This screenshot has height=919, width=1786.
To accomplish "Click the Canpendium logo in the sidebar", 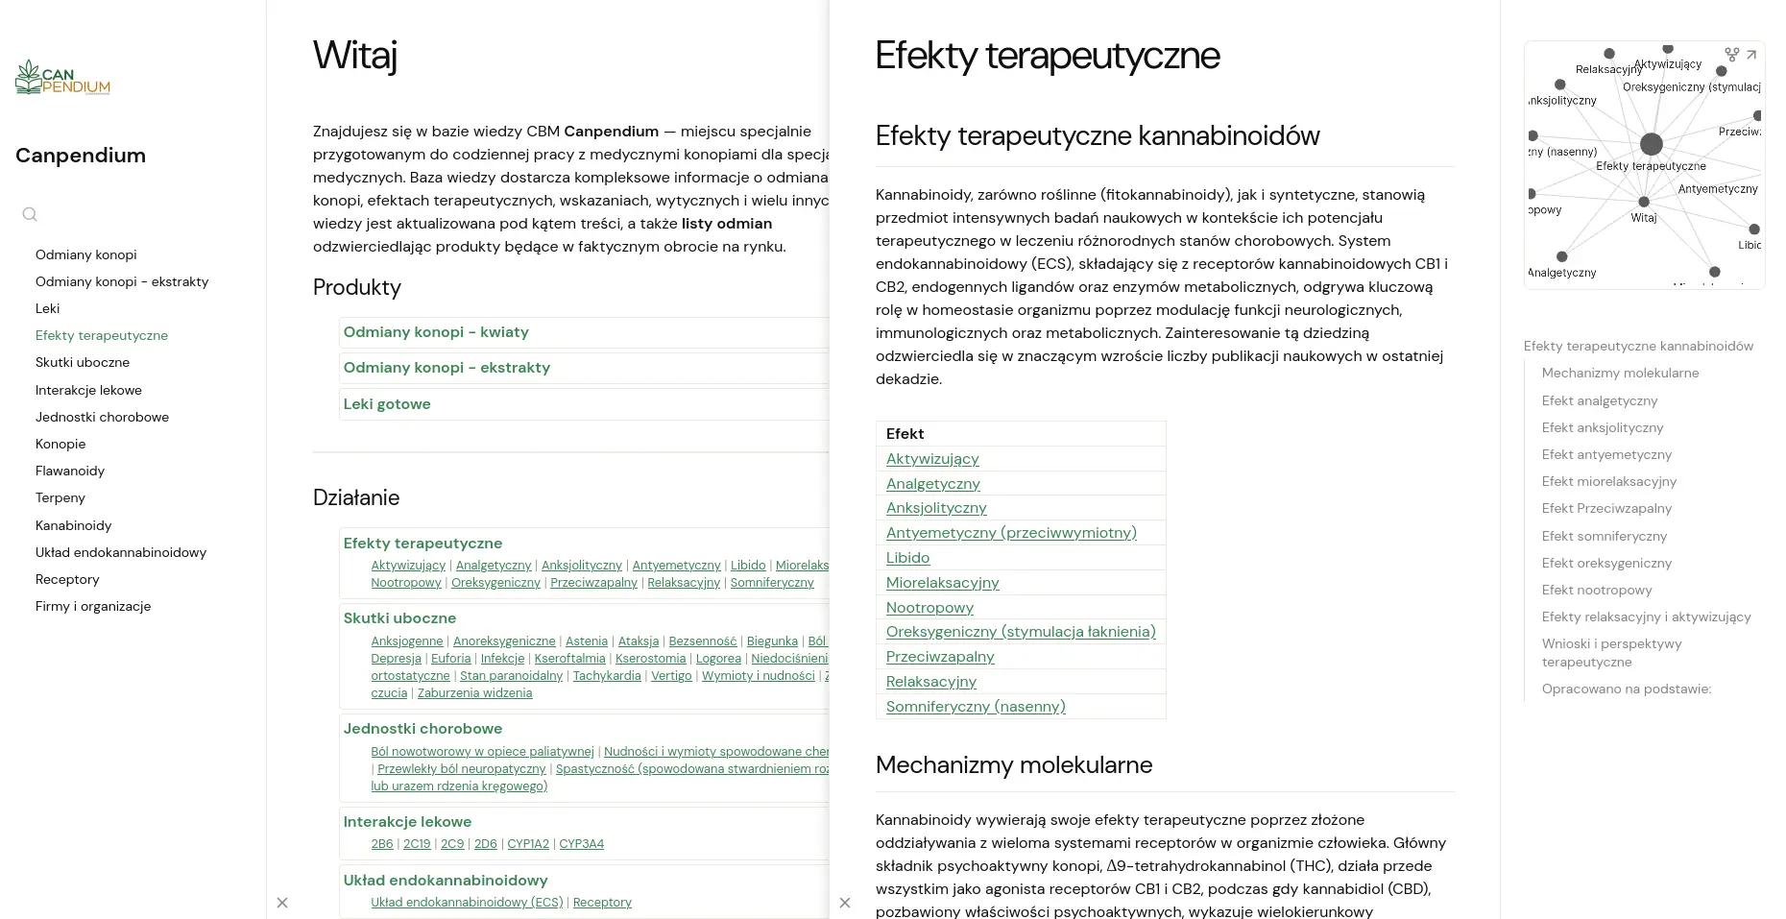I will point(62,79).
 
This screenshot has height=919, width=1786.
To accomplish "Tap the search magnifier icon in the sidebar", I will point(30,214).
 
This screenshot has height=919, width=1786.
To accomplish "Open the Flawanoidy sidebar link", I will point(70,471).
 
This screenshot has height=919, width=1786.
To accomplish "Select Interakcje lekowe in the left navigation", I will point(88,390).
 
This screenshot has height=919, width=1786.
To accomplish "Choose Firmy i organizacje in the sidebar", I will point(93,606).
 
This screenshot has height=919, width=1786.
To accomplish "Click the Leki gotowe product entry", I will point(387,404).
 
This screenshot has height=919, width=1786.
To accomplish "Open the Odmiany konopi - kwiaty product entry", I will point(436,332).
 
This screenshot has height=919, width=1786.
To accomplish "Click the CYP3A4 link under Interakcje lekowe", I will point(581,844).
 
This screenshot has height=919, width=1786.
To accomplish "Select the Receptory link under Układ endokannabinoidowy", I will point(602,903).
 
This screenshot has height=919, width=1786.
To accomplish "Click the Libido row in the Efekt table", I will point(907,558).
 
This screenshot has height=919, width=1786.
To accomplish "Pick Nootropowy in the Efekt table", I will point(929,608).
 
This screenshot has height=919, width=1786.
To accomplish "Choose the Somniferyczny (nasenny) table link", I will point(976,707).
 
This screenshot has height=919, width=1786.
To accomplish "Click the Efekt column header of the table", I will point(905,434).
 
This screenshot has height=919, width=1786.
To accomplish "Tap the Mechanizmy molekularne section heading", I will point(1013,765).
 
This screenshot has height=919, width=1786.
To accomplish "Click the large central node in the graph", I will point(1651,144).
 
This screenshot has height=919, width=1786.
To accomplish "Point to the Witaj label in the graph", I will point(1644,218).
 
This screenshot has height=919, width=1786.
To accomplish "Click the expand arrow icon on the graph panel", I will point(1751,56).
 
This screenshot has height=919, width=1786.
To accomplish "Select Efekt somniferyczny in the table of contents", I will point(1604,536).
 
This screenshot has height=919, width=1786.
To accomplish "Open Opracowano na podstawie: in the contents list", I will point(1626,689).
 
